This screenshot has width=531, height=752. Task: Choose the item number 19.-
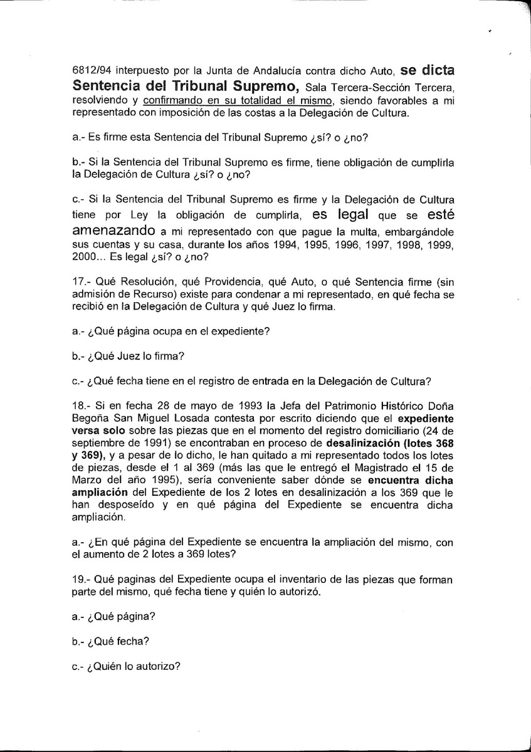83,580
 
